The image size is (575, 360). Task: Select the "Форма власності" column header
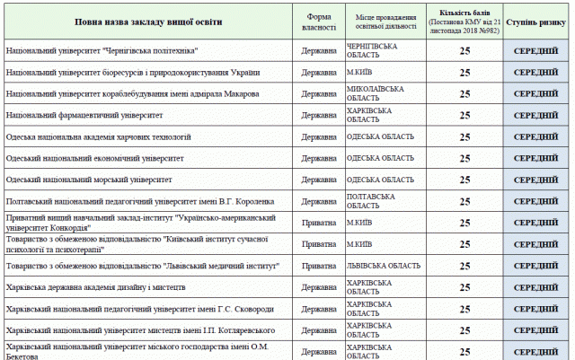tap(319, 21)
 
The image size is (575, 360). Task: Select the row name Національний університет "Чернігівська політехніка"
tap(102, 50)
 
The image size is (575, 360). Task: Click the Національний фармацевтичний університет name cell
tap(84, 115)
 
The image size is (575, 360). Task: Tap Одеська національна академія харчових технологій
tap(98, 136)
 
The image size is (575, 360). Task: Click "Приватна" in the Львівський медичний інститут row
tap(319, 266)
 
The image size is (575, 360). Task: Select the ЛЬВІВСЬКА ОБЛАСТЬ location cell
tap(383, 266)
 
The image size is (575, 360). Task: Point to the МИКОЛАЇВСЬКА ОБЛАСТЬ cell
tap(376, 93)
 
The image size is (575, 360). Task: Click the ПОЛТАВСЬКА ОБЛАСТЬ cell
tap(371, 201)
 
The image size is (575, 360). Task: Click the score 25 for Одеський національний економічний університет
tap(465, 158)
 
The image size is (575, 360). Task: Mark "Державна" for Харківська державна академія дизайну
tap(319, 288)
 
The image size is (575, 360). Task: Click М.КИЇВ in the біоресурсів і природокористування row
tap(359, 72)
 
